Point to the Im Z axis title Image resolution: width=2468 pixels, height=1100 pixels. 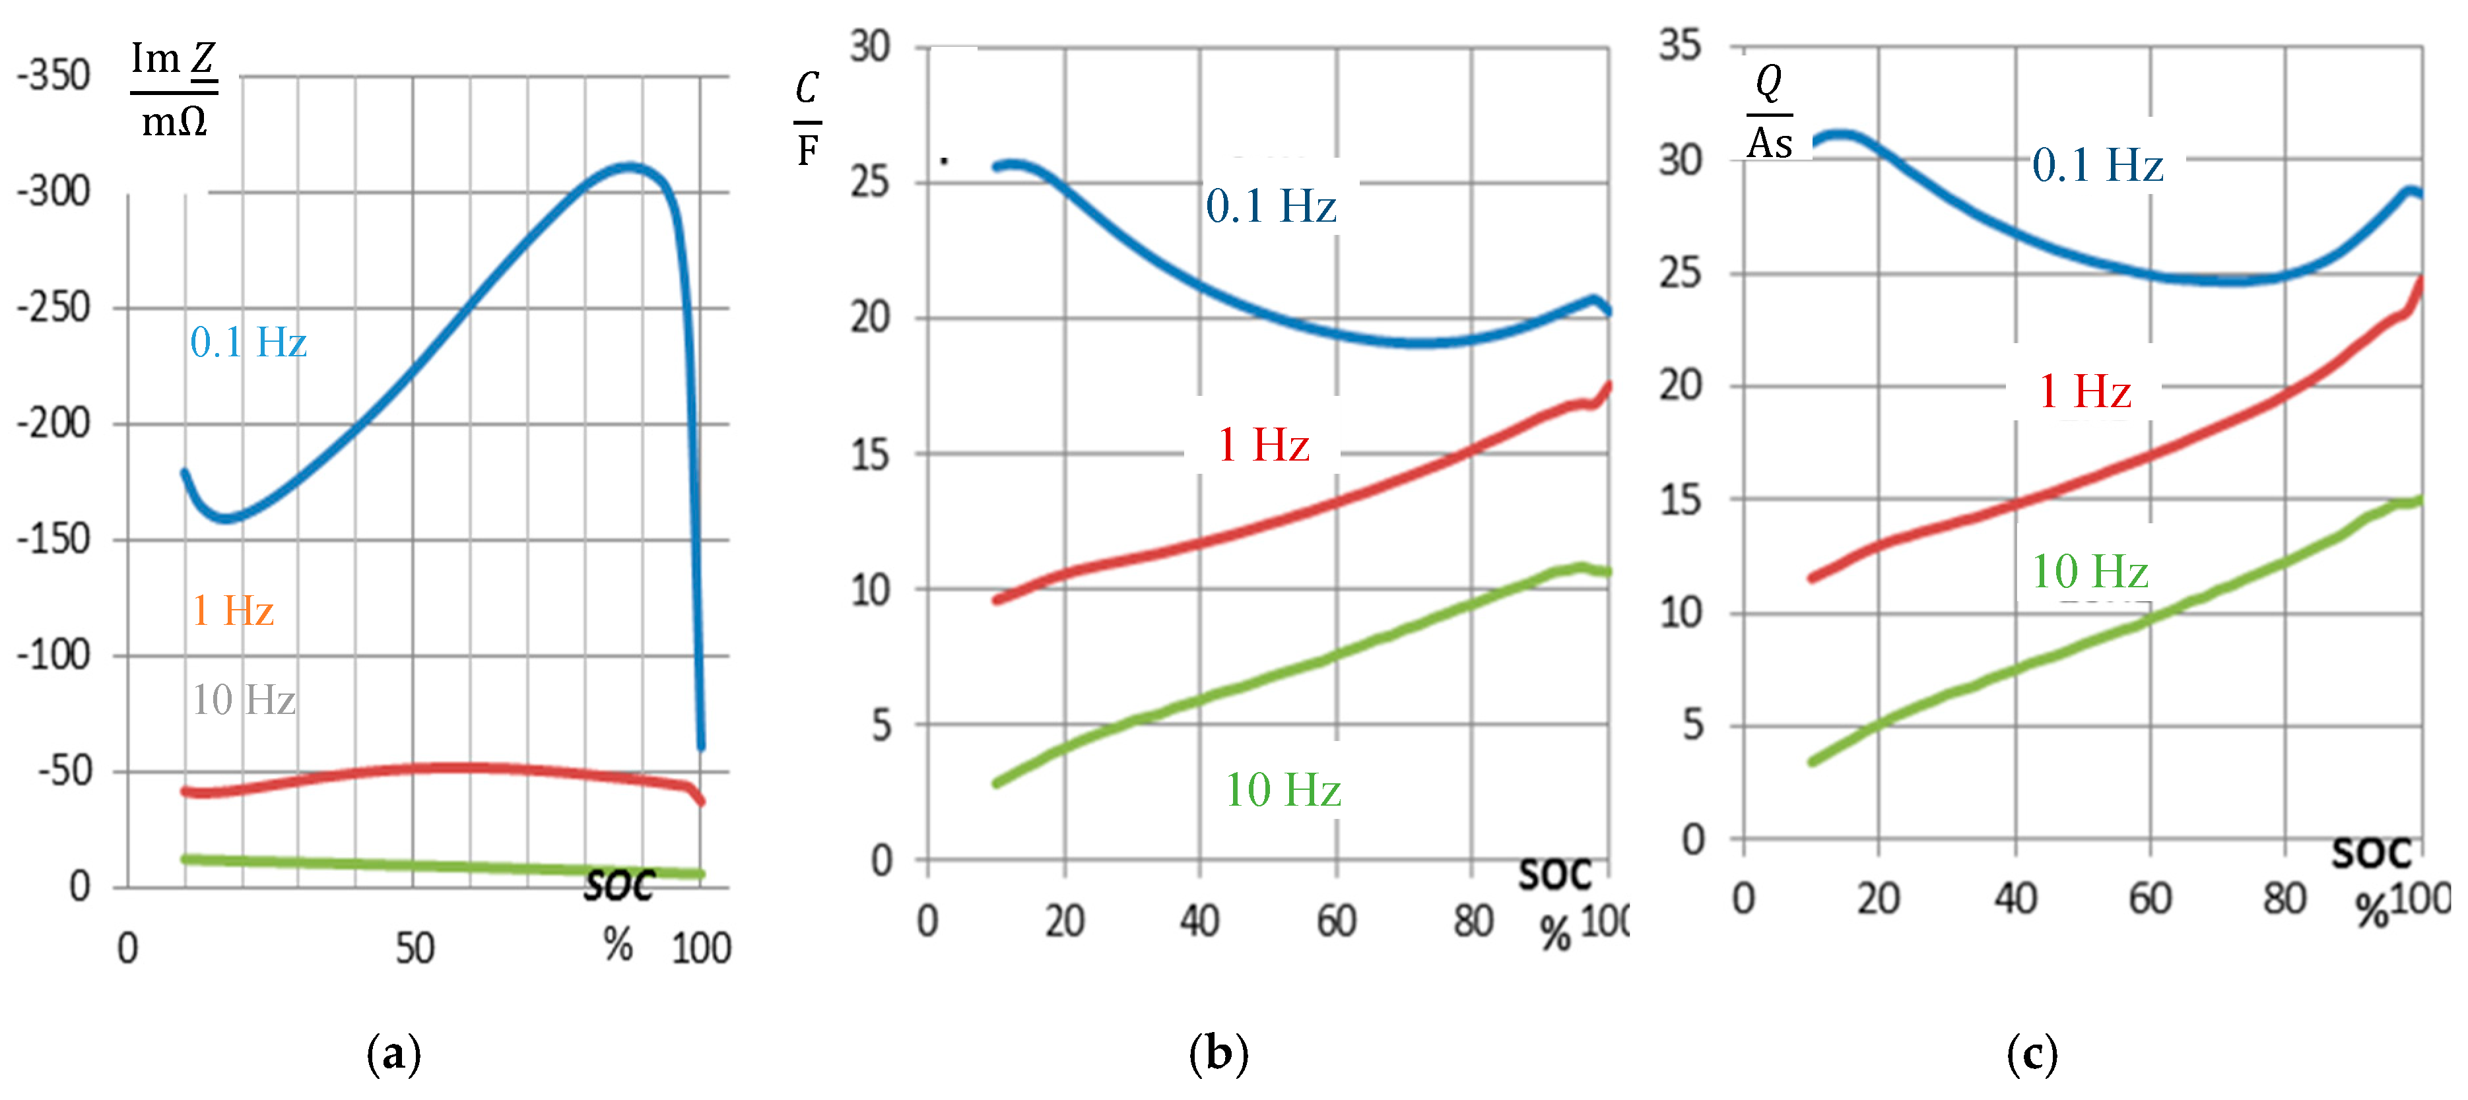[x=174, y=88]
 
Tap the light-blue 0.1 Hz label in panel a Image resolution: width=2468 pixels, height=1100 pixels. [x=248, y=342]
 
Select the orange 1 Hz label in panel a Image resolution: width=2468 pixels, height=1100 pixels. [x=233, y=610]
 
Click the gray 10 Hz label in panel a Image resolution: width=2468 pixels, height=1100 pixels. [x=244, y=699]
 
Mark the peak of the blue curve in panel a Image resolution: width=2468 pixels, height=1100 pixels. [x=628, y=167]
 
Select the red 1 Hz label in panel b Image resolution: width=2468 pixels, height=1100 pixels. [x=1263, y=445]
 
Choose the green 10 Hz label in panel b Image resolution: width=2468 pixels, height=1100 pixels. [x=1283, y=791]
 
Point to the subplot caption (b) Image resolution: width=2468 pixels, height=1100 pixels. [x=1218, y=1054]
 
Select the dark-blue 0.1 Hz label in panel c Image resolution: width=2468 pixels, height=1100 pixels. [x=2097, y=165]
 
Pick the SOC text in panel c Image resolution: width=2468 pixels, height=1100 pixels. [x=2370, y=853]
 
